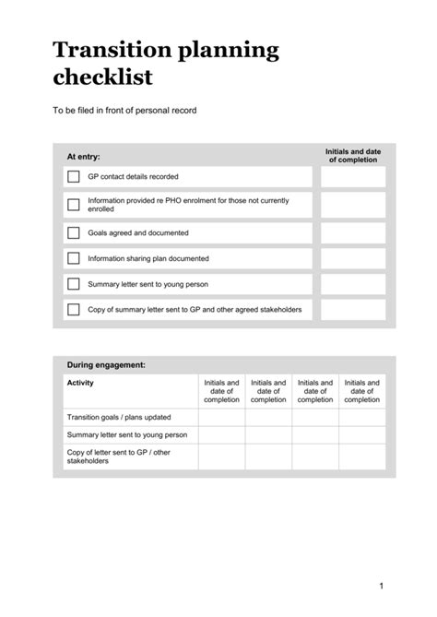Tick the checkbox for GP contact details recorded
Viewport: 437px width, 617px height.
click(x=73, y=176)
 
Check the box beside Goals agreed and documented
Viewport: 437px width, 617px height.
click(x=73, y=232)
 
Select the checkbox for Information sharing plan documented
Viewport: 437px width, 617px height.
click(x=73, y=258)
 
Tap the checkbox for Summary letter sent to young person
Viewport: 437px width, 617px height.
click(x=73, y=284)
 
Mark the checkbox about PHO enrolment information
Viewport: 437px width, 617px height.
click(x=73, y=204)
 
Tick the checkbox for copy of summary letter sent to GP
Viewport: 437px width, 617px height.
click(x=73, y=309)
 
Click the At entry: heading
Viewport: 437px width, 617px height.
click(x=83, y=157)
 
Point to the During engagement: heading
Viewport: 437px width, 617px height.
click(x=106, y=365)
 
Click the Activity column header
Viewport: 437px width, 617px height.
click(x=80, y=383)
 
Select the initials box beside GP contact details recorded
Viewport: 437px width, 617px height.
click(x=353, y=176)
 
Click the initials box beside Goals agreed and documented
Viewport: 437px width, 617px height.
click(x=353, y=232)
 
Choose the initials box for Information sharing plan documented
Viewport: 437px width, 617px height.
click(x=353, y=258)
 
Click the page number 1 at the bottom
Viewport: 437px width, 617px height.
click(x=380, y=585)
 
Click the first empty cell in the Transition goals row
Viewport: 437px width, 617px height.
click(x=221, y=417)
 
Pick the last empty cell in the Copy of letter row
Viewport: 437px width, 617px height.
click(x=361, y=457)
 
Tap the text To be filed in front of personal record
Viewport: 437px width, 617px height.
click(x=124, y=111)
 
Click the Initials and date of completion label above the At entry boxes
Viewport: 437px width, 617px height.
click(x=353, y=155)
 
